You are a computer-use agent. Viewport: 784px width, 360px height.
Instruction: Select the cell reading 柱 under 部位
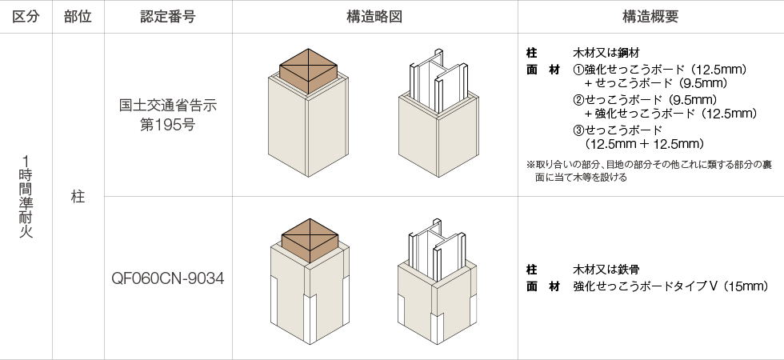click(x=78, y=196)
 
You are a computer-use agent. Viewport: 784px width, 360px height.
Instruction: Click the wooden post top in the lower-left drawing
click(x=308, y=238)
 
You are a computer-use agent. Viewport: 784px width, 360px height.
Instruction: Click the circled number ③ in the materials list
click(x=579, y=130)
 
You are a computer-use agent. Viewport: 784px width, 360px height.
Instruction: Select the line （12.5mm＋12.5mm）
click(x=644, y=144)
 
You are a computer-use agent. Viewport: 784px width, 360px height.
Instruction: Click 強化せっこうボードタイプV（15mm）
click(x=670, y=286)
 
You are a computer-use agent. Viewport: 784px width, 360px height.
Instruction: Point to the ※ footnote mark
click(x=530, y=165)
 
